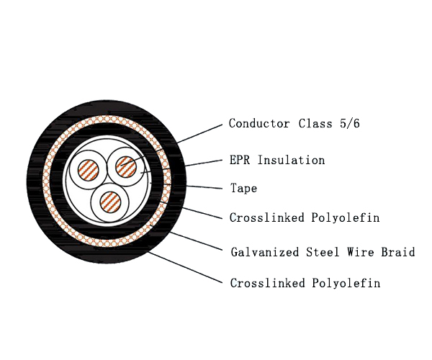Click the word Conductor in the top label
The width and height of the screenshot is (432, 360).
(x=259, y=123)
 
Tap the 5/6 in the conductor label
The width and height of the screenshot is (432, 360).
(x=350, y=123)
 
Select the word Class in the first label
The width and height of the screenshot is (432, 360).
(x=315, y=123)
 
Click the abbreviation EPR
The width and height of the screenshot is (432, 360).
(x=240, y=160)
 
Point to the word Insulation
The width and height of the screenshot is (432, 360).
(x=291, y=160)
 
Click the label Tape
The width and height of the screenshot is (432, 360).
(x=244, y=189)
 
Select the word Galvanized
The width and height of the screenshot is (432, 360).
(x=265, y=252)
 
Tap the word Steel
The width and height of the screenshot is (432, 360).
(x=323, y=252)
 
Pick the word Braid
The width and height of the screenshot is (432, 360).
(x=398, y=252)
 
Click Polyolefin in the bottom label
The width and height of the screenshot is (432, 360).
(x=346, y=283)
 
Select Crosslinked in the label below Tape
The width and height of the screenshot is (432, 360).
(x=267, y=217)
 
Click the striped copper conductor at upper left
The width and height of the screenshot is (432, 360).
(x=88, y=170)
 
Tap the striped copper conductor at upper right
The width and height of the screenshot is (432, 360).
(x=126, y=166)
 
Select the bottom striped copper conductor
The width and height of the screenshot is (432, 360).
(x=110, y=202)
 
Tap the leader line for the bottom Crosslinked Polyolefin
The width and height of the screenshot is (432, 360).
(x=185, y=267)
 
